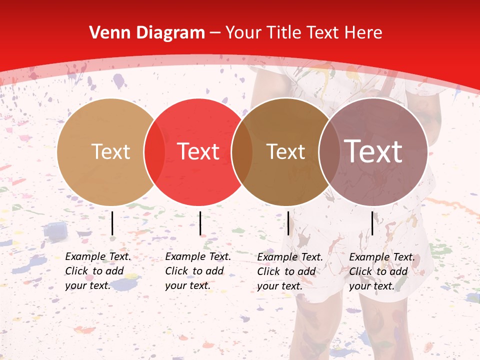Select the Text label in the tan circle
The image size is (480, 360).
[111, 151]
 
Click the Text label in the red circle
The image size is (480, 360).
[198, 151]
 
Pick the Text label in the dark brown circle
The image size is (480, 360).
[285, 151]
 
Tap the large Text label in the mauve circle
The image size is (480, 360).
[373, 151]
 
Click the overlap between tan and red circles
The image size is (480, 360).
[154, 151]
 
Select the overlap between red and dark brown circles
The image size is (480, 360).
[242, 151]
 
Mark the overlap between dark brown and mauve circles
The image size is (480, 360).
[328, 151]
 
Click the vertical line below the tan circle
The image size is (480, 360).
[112, 223]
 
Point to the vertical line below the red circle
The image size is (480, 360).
[200, 223]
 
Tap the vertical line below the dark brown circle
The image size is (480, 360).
[288, 223]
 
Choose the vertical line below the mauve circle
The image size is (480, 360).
[372, 223]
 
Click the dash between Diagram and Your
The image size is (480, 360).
[215, 33]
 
